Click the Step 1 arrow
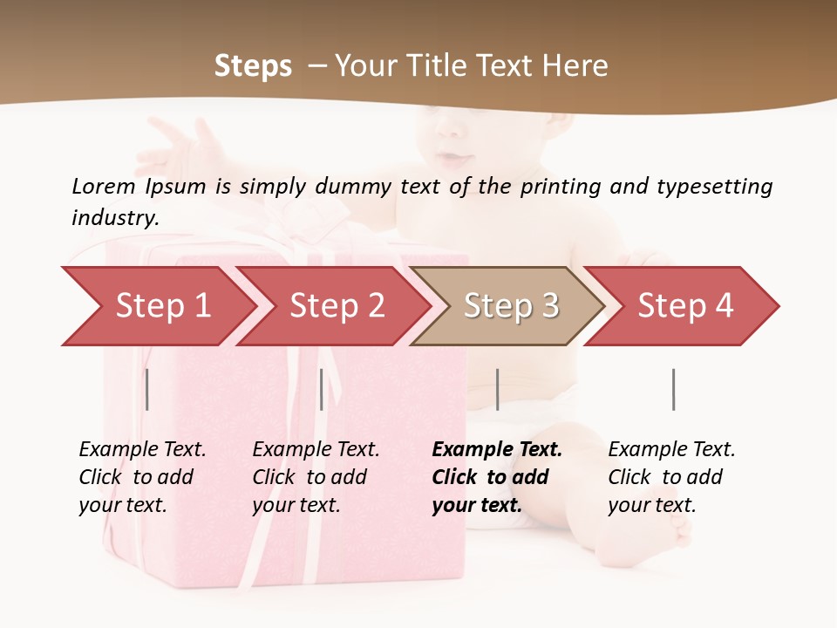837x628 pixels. pyautogui.click(x=162, y=306)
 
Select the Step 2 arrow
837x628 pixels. pyautogui.click(x=337, y=306)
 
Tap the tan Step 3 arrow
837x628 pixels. pyautogui.click(x=511, y=306)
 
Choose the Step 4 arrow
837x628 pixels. pyautogui.click(x=685, y=306)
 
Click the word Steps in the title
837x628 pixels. pyautogui.click(x=253, y=66)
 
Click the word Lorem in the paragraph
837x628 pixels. pyautogui.click(x=103, y=186)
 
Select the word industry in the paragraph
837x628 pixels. pyautogui.click(x=114, y=218)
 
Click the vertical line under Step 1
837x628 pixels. pyautogui.click(x=147, y=389)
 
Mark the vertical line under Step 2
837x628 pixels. pyautogui.click(x=322, y=389)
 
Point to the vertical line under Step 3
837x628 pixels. pyautogui.click(x=497, y=389)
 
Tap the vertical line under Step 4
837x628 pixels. pyautogui.click(x=673, y=389)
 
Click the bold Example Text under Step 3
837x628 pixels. pyautogui.click(x=497, y=450)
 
